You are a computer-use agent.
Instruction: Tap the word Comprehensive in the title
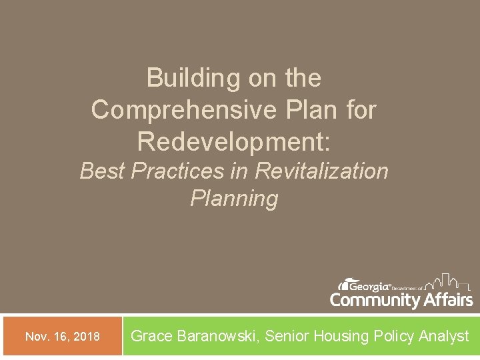(x=179, y=110)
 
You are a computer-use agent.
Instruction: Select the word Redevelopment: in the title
(x=234, y=141)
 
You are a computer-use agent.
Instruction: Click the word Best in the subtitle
(x=103, y=171)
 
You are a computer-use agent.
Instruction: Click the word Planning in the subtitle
(x=234, y=199)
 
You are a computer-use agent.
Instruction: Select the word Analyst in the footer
(x=444, y=337)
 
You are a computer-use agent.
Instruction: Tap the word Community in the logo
(x=375, y=300)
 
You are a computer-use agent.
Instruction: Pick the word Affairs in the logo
(x=448, y=300)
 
